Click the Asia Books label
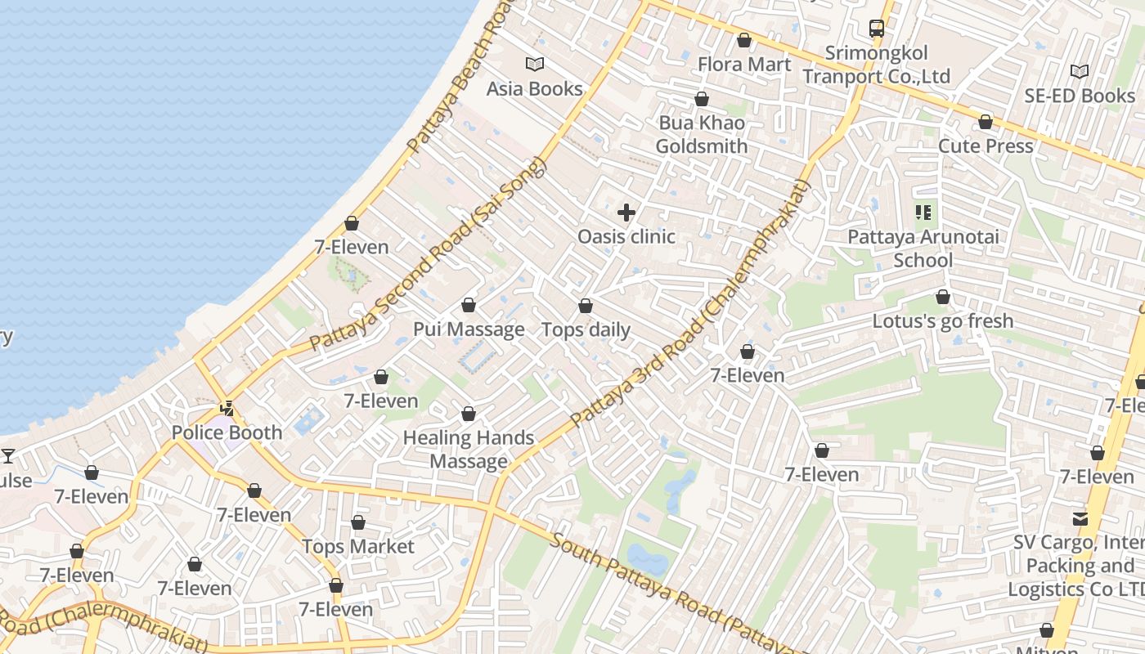534,88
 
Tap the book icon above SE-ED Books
1080,71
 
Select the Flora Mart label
743,64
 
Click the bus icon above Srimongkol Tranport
877,29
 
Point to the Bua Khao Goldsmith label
702,135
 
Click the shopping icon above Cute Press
986,122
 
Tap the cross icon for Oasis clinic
626,213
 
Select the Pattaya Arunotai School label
923,249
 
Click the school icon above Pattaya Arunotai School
923,213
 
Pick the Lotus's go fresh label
942,320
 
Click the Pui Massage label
469,329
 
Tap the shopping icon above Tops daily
586,307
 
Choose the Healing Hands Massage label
469,450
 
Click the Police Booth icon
227,408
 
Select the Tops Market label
358,546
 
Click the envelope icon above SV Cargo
1080,518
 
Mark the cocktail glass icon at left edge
8,456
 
